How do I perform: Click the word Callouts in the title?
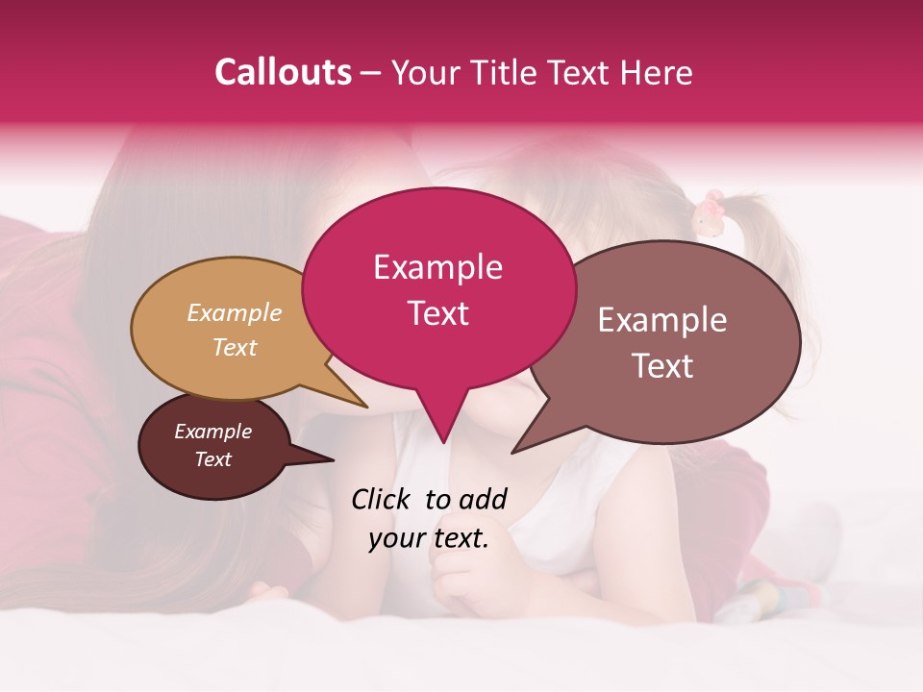pyautogui.click(x=283, y=72)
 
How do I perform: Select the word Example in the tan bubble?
pyautogui.click(x=235, y=312)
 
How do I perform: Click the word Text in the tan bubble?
pyautogui.click(x=235, y=347)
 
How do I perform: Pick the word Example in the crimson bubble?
pyautogui.click(x=437, y=267)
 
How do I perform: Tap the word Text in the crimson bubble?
pyautogui.click(x=437, y=313)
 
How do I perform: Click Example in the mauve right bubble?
pyautogui.click(x=662, y=320)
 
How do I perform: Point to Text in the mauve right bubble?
pyautogui.click(x=662, y=365)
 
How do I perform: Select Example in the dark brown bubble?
pyautogui.click(x=212, y=432)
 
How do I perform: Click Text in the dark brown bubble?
pyautogui.click(x=212, y=459)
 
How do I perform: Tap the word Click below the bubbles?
pyautogui.click(x=384, y=499)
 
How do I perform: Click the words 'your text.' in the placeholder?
pyautogui.click(x=428, y=538)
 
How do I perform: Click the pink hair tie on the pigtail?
pyautogui.click(x=711, y=212)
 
